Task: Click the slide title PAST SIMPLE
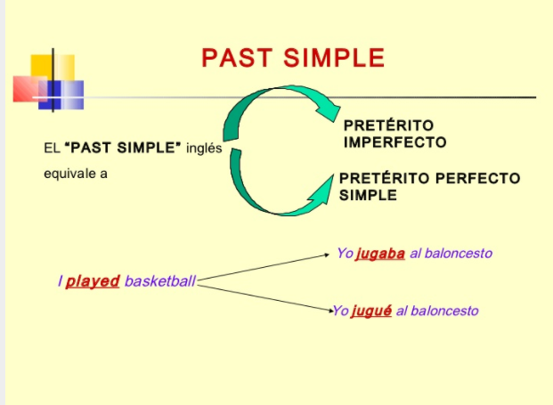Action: tap(293, 58)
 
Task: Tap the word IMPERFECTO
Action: tap(394, 142)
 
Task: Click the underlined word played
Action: tap(93, 281)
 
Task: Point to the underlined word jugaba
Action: tap(380, 254)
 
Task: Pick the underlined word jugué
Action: tap(372, 311)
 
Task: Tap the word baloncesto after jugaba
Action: tap(459, 254)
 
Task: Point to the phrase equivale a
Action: tap(76, 173)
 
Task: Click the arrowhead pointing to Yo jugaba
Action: tap(328, 255)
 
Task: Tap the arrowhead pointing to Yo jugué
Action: tap(327, 310)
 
